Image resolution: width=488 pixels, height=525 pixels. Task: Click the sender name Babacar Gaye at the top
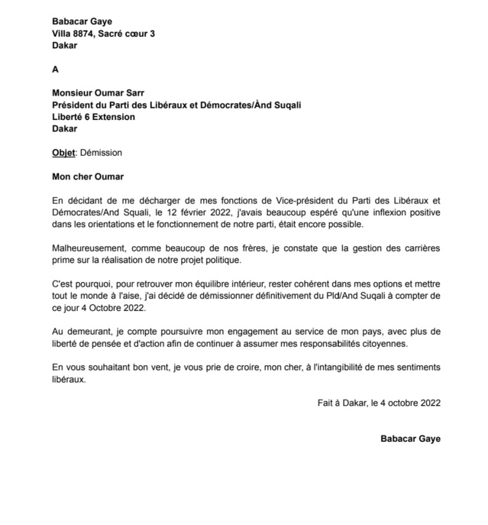pyautogui.click(x=80, y=21)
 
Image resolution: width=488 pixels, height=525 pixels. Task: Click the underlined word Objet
pyautogui.click(x=63, y=153)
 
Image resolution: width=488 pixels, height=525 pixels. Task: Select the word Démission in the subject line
pyautogui.click(x=101, y=153)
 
